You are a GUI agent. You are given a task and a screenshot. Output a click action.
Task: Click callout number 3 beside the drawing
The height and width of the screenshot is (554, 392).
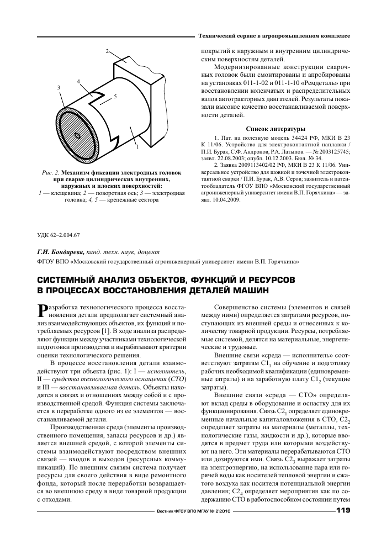pyautogui.click(x=59, y=88)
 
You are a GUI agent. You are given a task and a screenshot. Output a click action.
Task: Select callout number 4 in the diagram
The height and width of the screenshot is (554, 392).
pyautogui.click(x=79, y=82)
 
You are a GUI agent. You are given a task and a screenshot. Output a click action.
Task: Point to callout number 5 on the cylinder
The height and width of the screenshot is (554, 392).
pyautogui.click(x=115, y=96)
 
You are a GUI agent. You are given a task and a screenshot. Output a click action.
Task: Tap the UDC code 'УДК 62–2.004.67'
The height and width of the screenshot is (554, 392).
pyautogui.click(x=59, y=234)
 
